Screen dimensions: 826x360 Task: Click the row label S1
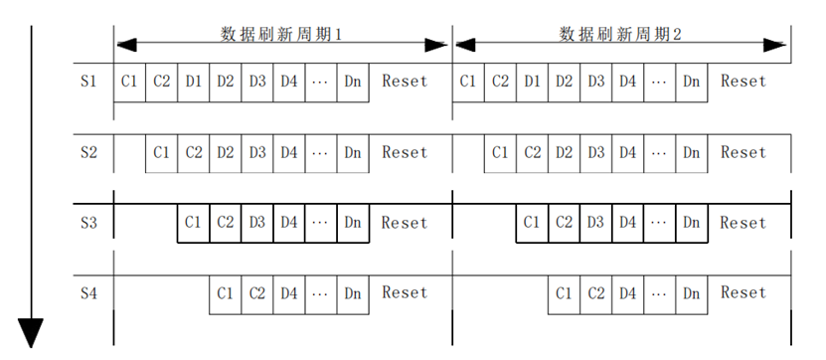coord(88,82)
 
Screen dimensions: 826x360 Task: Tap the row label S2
coord(88,153)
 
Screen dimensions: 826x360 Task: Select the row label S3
coord(88,223)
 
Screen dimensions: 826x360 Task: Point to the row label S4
coord(88,293)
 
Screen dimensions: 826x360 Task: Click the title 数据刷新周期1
coord(281,34)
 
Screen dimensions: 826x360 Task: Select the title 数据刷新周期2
coord(620,34)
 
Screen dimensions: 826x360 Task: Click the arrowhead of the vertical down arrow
coord(31,333)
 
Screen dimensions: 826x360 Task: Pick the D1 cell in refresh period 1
coord(194,83)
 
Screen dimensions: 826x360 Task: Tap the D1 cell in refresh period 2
coord(532,83)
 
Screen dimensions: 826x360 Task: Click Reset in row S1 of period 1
coord(405,82)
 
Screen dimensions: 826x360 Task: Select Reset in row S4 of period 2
coord(743,293)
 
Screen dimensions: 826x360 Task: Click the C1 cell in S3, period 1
coord(194,223)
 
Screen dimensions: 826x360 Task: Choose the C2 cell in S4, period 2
coord(595,294)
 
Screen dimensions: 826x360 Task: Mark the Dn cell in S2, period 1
coord(353,153)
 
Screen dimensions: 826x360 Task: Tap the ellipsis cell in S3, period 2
coord(660,223)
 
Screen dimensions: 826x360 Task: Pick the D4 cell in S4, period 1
coord(288,294)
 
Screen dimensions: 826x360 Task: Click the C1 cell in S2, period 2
coord(500,153)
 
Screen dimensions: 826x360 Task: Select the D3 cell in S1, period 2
coord(595,83)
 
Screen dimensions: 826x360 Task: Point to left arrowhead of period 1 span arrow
coord(126,46)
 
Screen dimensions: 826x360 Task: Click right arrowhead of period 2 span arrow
coord(775,46)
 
